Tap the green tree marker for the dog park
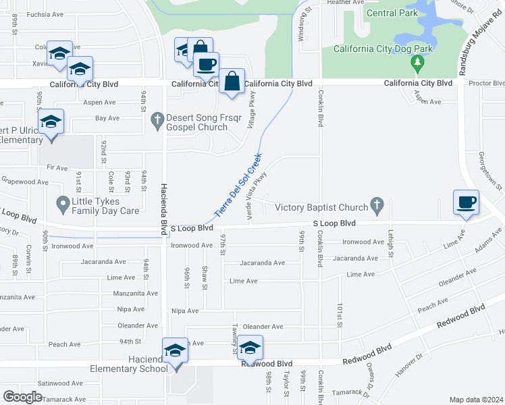pyautogui.click(x=418, y=63)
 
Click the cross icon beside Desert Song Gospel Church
pyautogui.click(x=157, y=119)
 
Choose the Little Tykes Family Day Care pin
pyautogui.click(x=63, y=202)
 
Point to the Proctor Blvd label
pyautogui.click(x=485, y=82)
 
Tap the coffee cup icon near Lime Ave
pyautogui.click(x=466, y=202)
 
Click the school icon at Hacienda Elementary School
pyautogui.click(x=175, y=350)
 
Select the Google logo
pyautogui.click(x=22, y=397)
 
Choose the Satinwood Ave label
pyautogui.click(x=59, y=383)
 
